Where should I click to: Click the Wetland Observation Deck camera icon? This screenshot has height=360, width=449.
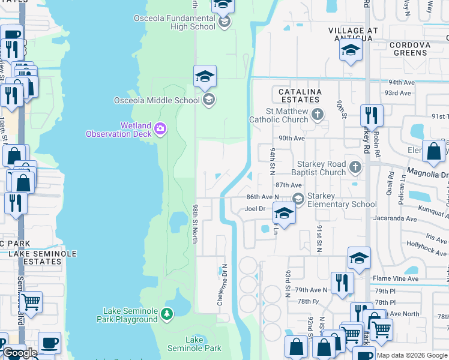pyautogui.click(x=160, y=128)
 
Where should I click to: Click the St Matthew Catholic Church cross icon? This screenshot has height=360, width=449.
pyautogui.click(x=319, y=113)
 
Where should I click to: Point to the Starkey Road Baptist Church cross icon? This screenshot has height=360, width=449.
pyautogui.click(x=356, y=166)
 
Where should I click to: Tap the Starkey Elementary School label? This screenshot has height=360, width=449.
pyautogui.click(x=342, y=200)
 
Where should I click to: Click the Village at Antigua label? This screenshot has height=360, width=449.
pyautogui.click(x=354, y=34)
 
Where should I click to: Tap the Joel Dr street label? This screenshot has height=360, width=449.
pyautogui.click(x=255, y=209)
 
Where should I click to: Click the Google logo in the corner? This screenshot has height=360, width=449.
pyautogui.click(x=19, y=353)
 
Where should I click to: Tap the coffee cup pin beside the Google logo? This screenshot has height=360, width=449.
pyautogui.click(x=49, y=343)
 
